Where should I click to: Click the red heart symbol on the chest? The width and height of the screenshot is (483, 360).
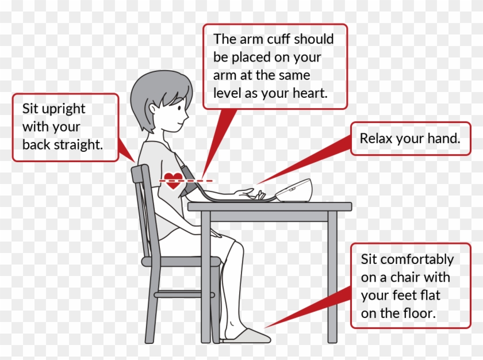tap(173, 181)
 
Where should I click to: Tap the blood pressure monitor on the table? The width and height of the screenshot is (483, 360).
tap(294, 190)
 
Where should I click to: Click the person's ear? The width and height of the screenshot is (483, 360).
tap(153, 110)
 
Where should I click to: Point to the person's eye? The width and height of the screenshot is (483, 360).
tap(179, 108)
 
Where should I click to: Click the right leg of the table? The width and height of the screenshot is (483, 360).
tap(332, 277)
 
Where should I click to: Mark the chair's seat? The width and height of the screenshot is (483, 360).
tap(181, 262)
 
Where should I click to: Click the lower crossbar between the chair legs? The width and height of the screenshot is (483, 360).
tap(184, 294)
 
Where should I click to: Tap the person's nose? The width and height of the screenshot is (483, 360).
tap(187, 115)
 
